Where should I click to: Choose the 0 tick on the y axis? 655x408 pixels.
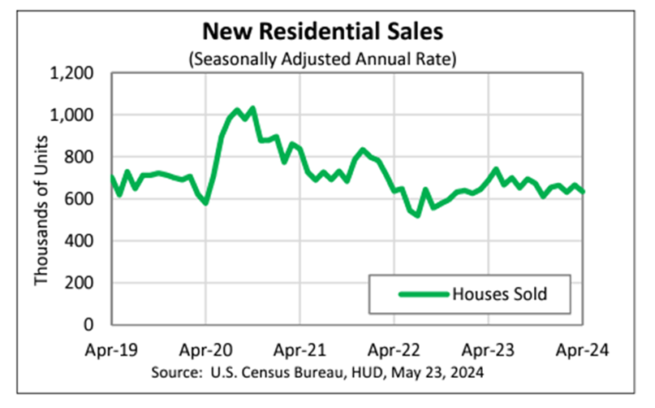(x=93, y=324)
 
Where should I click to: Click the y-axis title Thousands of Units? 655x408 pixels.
(x=40, y=199)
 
